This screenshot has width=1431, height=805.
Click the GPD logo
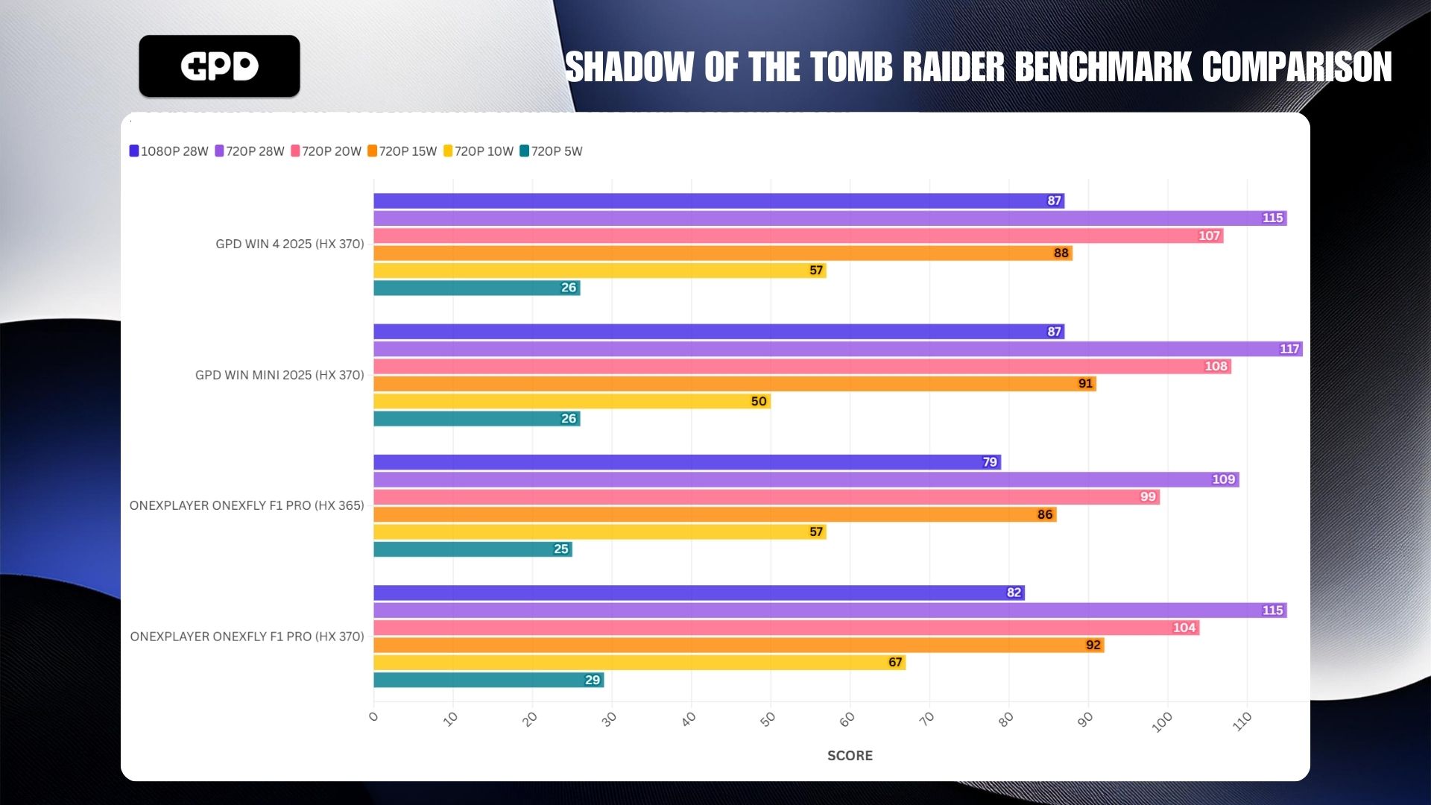[219, 66]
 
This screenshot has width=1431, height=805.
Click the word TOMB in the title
[851, 67]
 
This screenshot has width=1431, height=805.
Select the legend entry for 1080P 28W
[169, 151]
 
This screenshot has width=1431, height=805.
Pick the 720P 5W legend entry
[552, 151]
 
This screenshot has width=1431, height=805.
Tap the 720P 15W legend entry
[402, 151]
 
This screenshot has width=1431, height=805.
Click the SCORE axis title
[850, 755]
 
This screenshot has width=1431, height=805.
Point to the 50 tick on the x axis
[768, 719]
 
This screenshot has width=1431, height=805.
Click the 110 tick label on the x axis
[1242, 722]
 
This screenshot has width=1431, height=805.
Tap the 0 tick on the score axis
[373, 717]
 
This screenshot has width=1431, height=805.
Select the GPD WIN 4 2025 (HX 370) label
[290, 244]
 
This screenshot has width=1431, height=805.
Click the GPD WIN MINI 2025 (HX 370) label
[279, 375]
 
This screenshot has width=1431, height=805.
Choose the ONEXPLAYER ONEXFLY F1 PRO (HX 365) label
[247, 505]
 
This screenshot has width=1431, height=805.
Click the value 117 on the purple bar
[1289, 349]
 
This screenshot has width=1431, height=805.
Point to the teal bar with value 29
[488, 680]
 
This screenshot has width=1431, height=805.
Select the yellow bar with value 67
[639, 663]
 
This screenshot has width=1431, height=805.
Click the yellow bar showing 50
[572, 401]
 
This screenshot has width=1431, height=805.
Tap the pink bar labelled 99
[766, 497]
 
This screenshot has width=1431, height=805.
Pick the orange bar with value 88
[722, 253]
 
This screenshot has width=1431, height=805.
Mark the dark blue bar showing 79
[686, 462]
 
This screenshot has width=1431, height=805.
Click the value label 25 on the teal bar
[561, 549]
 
